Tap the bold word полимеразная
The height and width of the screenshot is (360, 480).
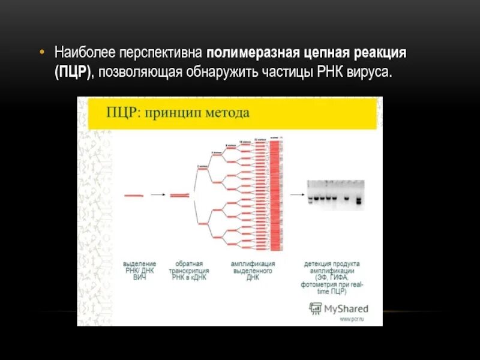pos(253,53)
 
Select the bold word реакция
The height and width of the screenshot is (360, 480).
pos(379,53)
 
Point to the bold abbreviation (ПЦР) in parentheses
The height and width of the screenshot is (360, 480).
pos(74,72)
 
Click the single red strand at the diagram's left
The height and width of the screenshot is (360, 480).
pos(134,195)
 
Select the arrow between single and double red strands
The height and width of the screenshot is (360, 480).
pos(158,195)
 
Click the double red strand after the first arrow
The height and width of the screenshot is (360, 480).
pos(181,195)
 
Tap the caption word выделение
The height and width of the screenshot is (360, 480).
pos(140,264)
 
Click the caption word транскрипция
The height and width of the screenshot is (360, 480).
pos(189,271)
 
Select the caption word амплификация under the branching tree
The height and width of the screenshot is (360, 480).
pos(253,264)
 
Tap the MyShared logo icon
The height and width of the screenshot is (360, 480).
pos(315,308)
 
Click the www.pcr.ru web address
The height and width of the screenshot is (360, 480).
pos(353,319)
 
